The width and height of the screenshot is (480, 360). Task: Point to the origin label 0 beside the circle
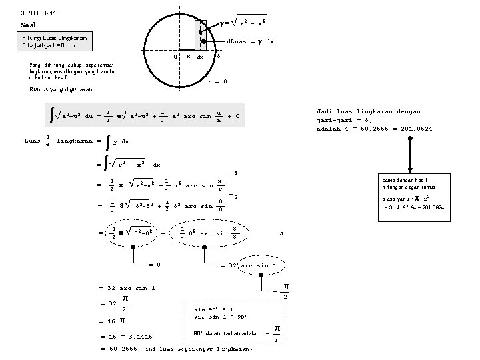[174, 56]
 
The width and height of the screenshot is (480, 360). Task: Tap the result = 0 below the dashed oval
[154, 265]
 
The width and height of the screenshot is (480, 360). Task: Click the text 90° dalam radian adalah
[226, 333]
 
